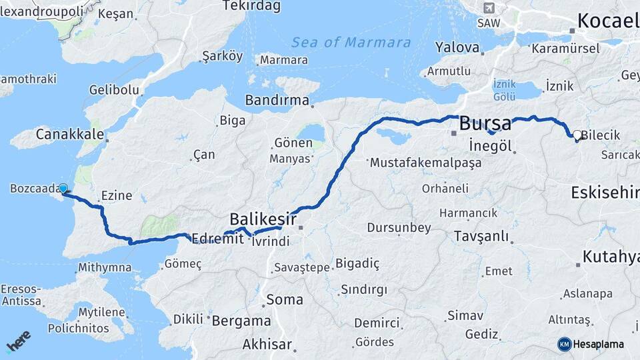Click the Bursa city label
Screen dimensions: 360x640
click(485, 123)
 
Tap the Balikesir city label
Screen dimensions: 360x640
click(263, 219)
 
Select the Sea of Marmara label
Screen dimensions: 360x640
click(351, 43)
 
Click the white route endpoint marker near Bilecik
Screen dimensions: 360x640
click(577, 134)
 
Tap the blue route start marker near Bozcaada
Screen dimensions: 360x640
click(63, 188)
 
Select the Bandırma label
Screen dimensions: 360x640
click(277, 101)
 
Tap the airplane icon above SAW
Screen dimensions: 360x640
click(489, 8)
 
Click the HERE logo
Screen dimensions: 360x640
click(18, 341)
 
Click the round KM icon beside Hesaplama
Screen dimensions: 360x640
click(564, 344)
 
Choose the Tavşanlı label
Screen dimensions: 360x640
click(481, 237)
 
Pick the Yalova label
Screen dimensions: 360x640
click(457, 48)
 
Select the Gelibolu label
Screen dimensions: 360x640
click(114, 90)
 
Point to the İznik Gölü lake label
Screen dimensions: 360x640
click(504, 90)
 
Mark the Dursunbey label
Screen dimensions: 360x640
click(399, 228)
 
